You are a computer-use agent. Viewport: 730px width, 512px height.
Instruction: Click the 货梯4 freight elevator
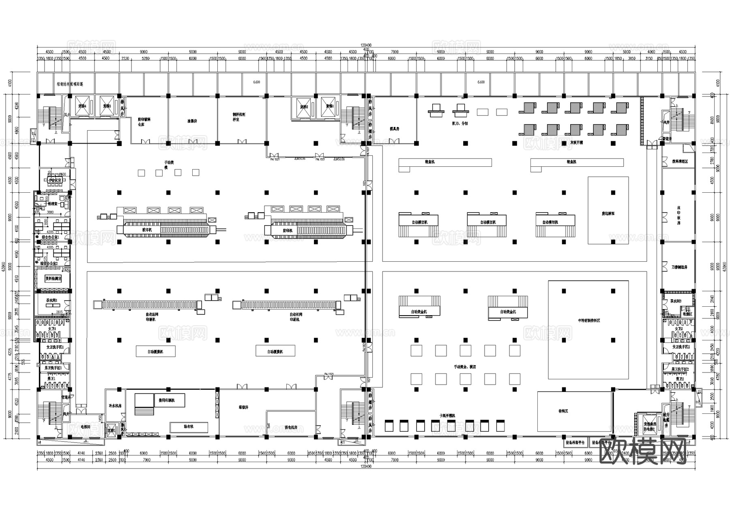(x=82, y=106)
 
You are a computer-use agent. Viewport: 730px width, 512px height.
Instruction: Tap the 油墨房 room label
(x=192, y=121)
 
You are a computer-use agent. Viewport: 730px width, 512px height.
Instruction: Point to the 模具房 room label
(x=395, y=129)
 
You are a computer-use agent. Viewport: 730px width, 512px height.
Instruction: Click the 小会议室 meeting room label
(x=55, y=180)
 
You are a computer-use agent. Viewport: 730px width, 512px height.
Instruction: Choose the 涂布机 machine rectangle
(x=189, y=427)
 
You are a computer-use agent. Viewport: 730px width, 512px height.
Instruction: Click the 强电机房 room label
(x=291, y=428)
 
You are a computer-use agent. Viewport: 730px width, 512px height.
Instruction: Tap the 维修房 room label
(x=243, y=407)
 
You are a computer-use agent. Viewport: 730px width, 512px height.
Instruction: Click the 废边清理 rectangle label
(x=608, y=213)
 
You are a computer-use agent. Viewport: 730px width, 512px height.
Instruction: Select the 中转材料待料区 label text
(x=589, y=321)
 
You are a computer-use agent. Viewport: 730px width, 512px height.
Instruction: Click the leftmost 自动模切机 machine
(x=419, y=222)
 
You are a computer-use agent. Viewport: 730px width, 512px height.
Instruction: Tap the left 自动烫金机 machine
(x=419, y=312)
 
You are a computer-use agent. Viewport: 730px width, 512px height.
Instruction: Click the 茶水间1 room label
(x=52, y=301)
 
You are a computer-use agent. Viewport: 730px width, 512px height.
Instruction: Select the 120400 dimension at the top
(x=366, y=45)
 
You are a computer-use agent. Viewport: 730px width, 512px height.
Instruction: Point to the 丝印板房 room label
(x=678, y=215)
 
